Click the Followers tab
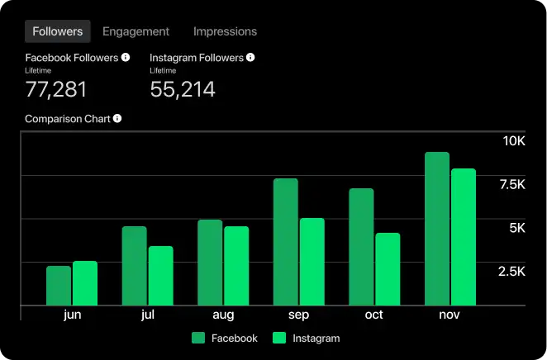pos(57,31)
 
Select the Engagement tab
pos(136,31)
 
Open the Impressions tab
pos(225,31)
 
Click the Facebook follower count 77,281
pos(55,89)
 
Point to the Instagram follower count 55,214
pos(182,89)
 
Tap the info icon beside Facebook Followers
pos(126,58)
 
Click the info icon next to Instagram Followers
pos(250,58)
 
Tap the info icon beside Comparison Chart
pos(117,118)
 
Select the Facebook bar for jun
pos(59,285)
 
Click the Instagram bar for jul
pos(160,276)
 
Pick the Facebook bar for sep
pos(286,242)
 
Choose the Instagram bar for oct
pos(388,269)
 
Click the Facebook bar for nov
pos(437,229)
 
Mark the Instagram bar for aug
pos(236,266)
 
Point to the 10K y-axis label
pos(514,141)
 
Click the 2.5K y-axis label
pos(510,272)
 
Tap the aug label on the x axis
pos(223,315)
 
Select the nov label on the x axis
pos(449,315)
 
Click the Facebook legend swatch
pos(198,338)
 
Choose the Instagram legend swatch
pos(279,338)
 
